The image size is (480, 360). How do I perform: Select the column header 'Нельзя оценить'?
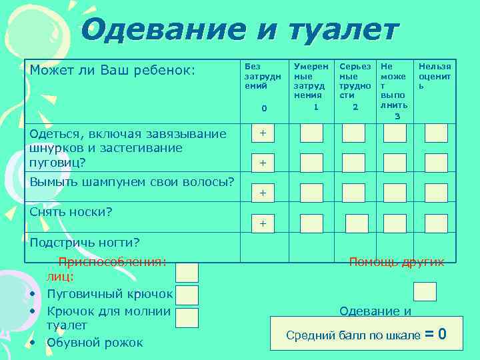pos(435,76)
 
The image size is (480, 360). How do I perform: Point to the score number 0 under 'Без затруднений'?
pos(264,108)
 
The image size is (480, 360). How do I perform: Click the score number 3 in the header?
pos(397,116)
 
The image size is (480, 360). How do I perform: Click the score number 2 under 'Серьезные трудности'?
pos(355,107)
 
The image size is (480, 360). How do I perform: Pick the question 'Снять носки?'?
pos(71,212)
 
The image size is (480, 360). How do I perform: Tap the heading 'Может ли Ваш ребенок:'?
pos(112,69)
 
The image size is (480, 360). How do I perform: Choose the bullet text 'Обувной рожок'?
pos(95,343)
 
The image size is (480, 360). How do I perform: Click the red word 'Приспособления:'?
pos(112,262)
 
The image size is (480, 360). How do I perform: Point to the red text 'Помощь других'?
pos(397,262)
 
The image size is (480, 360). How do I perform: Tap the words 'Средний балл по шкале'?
pos(353,335)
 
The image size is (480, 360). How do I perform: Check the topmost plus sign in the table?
pos(263,133)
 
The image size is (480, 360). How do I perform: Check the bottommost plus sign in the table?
pos(263,224)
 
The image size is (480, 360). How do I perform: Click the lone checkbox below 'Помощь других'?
pos(425,291)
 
